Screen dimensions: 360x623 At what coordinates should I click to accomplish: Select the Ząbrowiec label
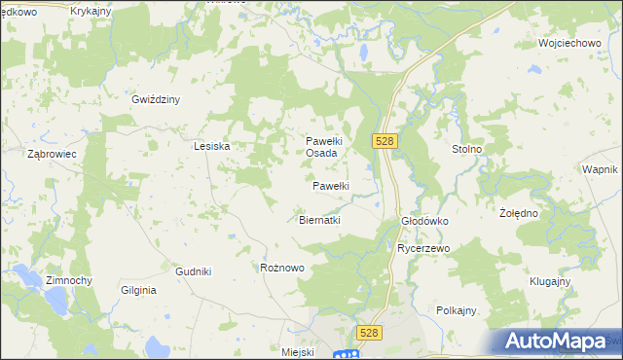point(53,154)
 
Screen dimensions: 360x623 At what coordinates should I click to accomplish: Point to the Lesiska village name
point(211,146)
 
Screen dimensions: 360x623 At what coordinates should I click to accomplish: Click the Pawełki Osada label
point(322,147)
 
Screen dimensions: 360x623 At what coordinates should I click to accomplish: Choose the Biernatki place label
point(318,220)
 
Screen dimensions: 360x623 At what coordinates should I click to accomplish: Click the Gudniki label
point(193,271)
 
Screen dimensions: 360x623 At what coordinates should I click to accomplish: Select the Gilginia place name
point(139,290)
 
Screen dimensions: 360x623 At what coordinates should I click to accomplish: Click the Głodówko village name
point(424,221)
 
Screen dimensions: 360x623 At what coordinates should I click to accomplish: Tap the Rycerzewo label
point(422,248)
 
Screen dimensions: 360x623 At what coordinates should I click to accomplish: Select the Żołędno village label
point(519,212)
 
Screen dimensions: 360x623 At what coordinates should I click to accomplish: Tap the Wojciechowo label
point(567,44)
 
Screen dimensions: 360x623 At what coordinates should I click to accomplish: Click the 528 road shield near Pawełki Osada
point(384,141)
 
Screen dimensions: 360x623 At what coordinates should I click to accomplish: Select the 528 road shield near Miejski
point(368,333)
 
